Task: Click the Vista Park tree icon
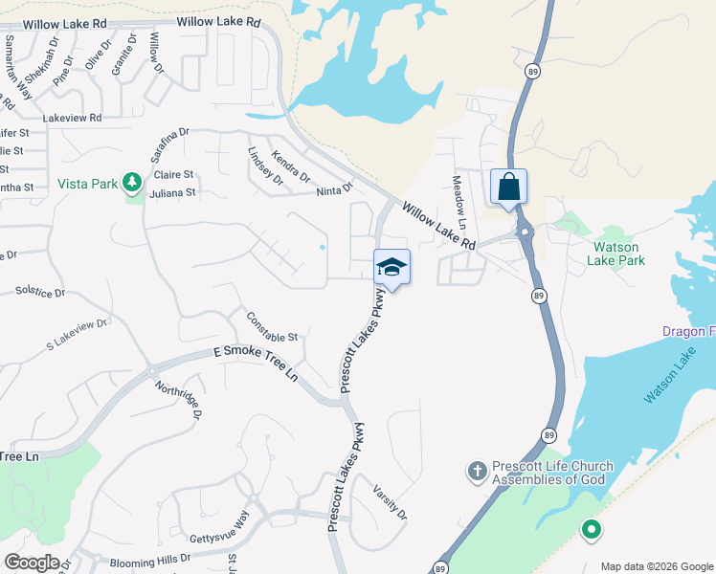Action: point(133,182)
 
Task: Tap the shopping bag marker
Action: point(508,187)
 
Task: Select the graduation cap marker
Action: point(392,267)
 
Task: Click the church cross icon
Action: point(477,471)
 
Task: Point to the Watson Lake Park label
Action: point(617,253)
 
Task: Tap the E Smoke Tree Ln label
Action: point(256,364)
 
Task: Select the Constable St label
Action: point(273,327)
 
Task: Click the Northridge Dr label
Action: point(180,400)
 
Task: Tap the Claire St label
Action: point(174,175)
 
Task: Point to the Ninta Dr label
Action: point(335,190)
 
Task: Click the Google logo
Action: point(33,563)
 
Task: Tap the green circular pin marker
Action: point(591,528)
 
